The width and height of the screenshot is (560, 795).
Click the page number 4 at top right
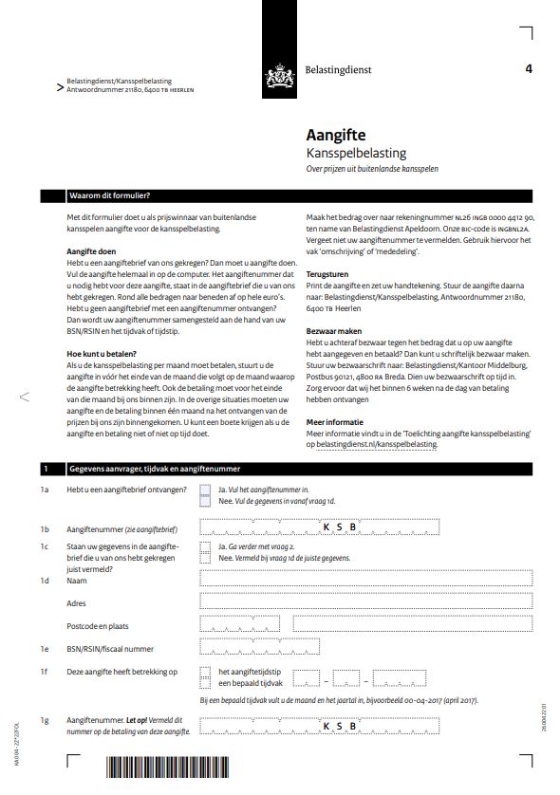pyautogui.click(x=528, y=68)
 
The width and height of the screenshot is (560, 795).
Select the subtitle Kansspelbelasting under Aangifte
pyautogui.click(x=356, y=153)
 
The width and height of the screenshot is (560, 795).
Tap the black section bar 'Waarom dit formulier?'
pyautogui.click(x=285, y=197)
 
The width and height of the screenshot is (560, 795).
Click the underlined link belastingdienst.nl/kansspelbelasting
pyautogui.click(x=380, y=443)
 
